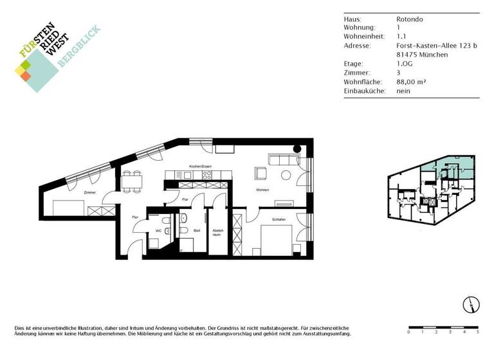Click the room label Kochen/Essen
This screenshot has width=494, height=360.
coord(200,166)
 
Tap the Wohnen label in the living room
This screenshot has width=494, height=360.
coord(262,190)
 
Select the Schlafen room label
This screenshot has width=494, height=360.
coord(279,220)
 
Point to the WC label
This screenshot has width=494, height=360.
coord(157,231)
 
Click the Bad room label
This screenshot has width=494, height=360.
coord(197,230)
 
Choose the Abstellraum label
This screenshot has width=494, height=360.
coord(217,234)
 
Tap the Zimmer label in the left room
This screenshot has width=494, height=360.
coord(89,192)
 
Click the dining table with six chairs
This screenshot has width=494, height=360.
coord(133,180)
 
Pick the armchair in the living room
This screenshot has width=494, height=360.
coord(261,173)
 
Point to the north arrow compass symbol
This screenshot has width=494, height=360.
coord(471,305)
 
